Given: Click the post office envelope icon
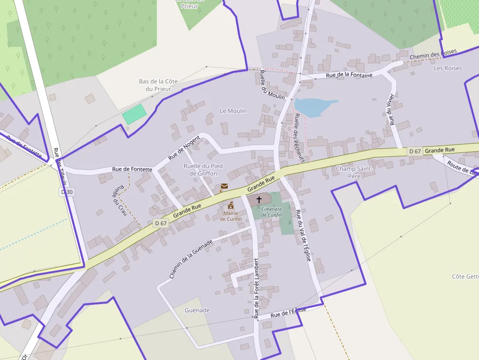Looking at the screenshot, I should pos(224,186).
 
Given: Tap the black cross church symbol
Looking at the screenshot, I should pos(259,200).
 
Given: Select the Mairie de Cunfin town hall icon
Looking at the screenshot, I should pos(231,205).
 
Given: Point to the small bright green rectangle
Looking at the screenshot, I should pos(134,114).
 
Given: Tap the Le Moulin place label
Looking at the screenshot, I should pos(233,111).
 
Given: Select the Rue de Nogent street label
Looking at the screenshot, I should pos(184,148).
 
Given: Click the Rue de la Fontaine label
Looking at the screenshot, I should pos(349,75).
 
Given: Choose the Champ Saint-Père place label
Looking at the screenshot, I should pos(354,172).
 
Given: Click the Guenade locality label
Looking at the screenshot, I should pos(197,310).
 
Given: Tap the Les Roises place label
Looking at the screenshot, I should pos(447,68).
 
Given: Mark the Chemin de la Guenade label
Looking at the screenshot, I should pos(191,259).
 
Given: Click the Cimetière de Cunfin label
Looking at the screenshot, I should pos(272,212).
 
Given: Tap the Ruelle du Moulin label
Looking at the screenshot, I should pos(272,85).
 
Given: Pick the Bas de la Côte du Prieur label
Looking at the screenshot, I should pos(158,85).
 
